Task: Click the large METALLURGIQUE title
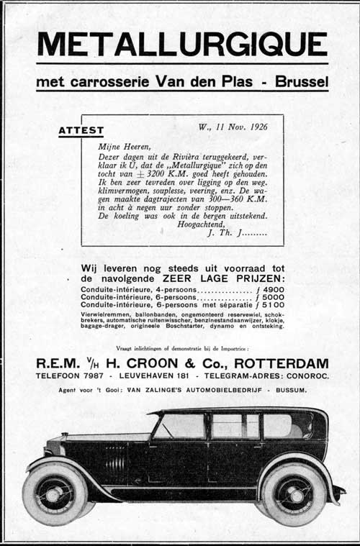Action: pyautogui.click(x=181, y=45)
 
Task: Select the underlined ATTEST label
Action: pyautogui.click(x=81, y=131)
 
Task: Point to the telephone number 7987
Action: pyautogui.click(x=91, y=376)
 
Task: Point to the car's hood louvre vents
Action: pyautogui.click(x=116, y=461)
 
